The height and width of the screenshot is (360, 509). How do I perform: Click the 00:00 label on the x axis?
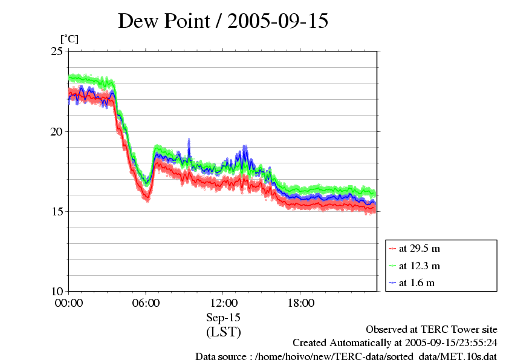coord(69,303)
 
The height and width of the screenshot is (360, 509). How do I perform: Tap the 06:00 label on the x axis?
coord(146,303)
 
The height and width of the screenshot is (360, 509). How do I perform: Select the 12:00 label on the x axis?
coord(224,303)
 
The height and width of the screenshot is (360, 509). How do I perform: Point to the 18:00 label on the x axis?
coord(301,303)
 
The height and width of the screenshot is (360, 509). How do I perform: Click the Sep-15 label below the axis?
coord(224,318)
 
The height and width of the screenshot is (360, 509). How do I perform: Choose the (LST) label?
coord(224,332)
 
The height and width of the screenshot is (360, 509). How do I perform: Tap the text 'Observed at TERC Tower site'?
coord(432,330)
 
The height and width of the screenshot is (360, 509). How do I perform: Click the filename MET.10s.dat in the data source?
coord(467,357)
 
